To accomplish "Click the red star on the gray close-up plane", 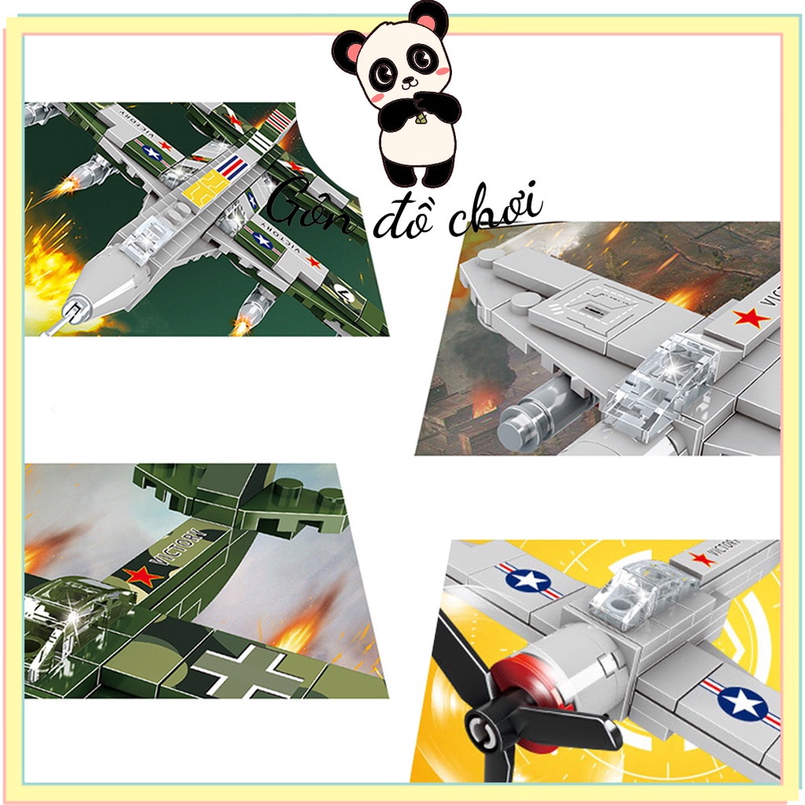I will [750, 318].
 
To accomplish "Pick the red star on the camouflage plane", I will [142, 576].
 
